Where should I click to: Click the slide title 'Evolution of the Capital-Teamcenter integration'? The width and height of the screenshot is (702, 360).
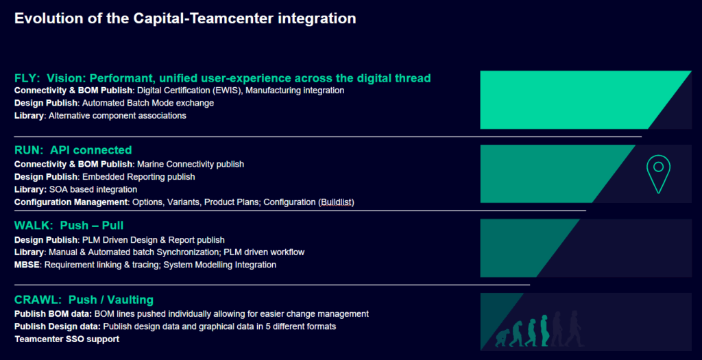[x=185, y=19]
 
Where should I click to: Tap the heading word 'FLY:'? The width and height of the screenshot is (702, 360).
[x=27, y=78]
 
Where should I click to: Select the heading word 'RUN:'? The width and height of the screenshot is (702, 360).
[x=29, y=150]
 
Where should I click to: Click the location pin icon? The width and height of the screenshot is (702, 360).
[x=658, y=173]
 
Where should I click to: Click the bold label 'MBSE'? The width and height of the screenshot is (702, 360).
[x=27, y=265]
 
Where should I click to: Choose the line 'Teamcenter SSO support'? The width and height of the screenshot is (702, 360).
[x=67, y=339]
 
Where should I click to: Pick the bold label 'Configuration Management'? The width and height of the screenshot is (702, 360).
[x=71, y=202]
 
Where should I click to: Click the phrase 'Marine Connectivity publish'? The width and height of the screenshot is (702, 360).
[x=191, y=165]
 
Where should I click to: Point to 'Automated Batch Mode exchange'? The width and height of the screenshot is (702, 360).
[x=148, y=103]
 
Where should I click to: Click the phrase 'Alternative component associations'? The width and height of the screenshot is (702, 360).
[x=117, y=115]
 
